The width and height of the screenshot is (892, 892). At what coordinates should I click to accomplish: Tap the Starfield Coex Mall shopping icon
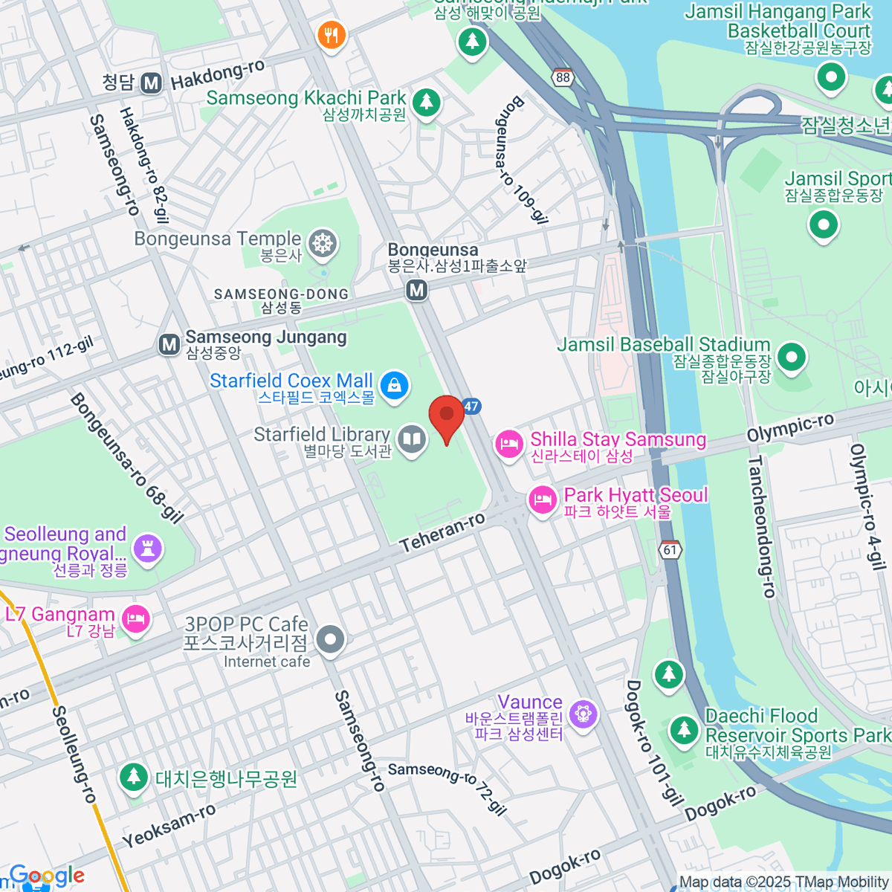[394, 385]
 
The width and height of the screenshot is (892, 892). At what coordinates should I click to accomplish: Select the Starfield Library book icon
[411, 439]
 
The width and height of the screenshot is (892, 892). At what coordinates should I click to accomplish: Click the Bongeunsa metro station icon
[417, 290]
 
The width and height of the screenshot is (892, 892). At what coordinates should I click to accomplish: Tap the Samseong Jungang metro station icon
[169, 344]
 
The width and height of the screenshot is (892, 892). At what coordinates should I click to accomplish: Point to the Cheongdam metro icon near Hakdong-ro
[152, 83]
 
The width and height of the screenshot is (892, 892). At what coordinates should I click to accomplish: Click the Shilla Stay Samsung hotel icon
[509, 445]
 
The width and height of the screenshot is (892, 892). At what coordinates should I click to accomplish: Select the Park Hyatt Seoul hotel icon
[543, 499]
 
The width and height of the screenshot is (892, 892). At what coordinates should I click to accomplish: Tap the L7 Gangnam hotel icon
[136, 618]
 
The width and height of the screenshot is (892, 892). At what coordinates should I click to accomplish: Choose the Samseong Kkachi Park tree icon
[426, 102]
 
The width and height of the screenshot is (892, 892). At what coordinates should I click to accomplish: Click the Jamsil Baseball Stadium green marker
[791, 357]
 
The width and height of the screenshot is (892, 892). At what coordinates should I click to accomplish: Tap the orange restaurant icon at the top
[332, 34]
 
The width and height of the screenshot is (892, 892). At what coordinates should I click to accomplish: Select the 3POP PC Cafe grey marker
[330, 639]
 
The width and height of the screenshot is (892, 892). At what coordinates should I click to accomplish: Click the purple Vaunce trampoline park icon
[583, 714]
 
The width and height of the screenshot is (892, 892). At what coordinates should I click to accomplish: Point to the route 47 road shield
[471, 406]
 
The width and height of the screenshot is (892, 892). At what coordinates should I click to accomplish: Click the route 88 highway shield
[563, 77]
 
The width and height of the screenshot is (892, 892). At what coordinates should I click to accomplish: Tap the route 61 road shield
[670, 549]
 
